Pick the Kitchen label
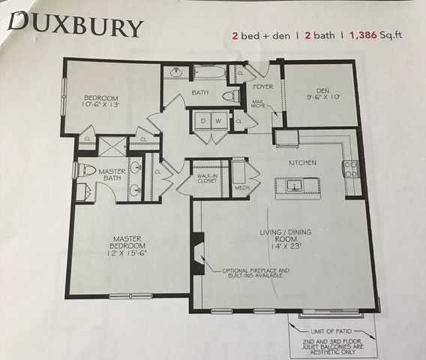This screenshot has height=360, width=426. (x=303, y=163)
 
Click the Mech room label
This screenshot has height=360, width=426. (x=241, y=187)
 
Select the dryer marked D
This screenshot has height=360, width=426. (x=201, y=121)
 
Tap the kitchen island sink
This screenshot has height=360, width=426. (x=295, y=184)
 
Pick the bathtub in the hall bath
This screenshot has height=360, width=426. (x=206, y=73)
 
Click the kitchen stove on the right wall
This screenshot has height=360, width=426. (x=349, y=169)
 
